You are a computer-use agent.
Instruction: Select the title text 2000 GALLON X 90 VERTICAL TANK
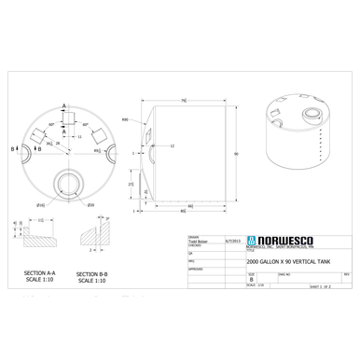coord(290,263)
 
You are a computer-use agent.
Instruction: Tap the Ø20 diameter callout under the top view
coord(90,204)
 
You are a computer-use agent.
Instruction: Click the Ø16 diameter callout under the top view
coord(41,204)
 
